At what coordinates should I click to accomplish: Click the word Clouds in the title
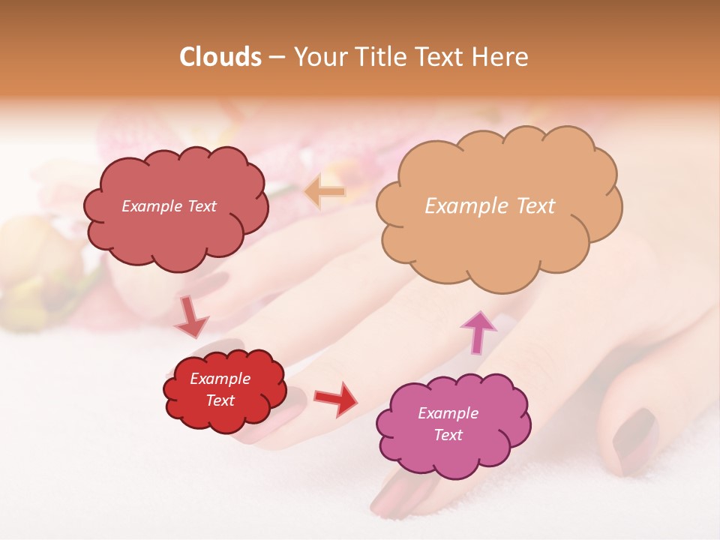[220, 57]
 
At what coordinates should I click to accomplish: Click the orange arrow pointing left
[325, 191]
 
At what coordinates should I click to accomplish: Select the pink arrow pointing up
[478, 332]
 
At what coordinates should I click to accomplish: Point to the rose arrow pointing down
[191, 318]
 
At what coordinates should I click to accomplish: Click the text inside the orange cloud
[490, 206]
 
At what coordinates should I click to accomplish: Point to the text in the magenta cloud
[448, 424]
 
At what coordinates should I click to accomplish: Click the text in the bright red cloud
[220, 389]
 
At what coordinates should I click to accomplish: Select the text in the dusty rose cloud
[169, 206]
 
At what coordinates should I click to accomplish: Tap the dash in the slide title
[276, 58]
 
